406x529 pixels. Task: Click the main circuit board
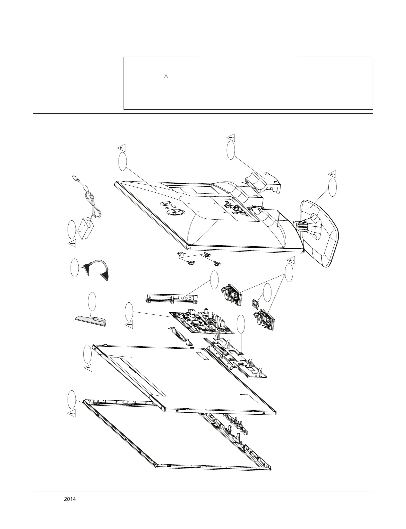click(202, 322)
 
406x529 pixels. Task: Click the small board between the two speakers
click(256, 304)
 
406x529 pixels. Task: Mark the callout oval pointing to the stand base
click(332, 187)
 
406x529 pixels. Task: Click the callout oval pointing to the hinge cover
click(230, 150)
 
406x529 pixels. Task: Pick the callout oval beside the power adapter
click(71, 229)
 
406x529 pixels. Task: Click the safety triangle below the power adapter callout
click(73, 244)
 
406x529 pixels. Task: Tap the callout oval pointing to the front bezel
click(72, 399)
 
